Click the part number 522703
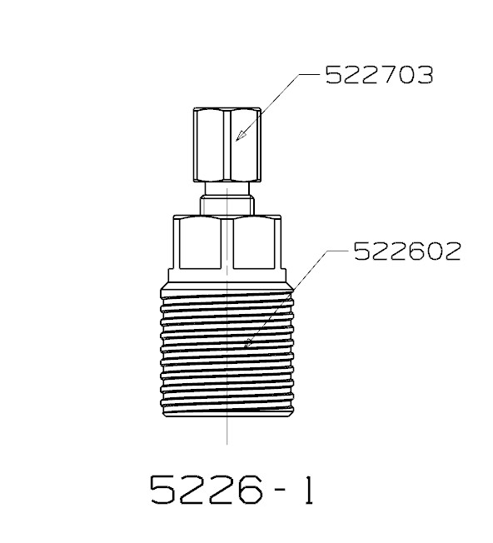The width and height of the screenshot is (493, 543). click(x=380, y=75)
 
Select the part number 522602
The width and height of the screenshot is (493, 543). click(x=407, y=251)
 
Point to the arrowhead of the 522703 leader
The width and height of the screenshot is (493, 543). click(x=241, y=136)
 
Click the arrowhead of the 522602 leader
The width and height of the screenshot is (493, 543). click(x=248, y=343)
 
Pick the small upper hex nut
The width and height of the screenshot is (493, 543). click(x=227, y=144)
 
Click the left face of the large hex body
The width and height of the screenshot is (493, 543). click(x=200, y=243)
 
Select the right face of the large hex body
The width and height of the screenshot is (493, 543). click(x=255, y=243)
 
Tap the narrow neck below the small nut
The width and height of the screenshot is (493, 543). click(x=227, y=189)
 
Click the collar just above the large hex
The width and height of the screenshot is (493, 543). click(x=227, y=206)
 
